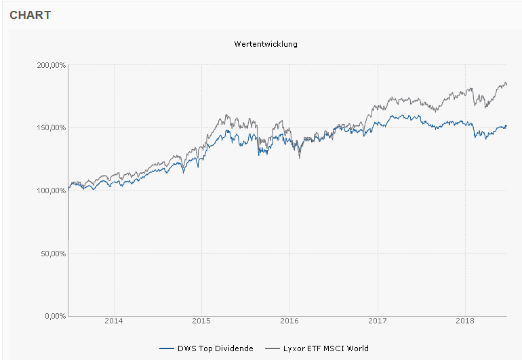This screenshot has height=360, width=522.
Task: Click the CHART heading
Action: coord(30,15)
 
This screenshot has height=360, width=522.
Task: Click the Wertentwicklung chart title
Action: coord(266,44)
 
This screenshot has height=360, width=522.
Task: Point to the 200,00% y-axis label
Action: coord(52,65)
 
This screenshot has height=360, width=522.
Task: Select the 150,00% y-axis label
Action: coord(52,127)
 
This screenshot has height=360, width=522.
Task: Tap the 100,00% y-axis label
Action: coord(52,191)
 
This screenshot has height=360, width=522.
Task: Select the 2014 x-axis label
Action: coord(114,321)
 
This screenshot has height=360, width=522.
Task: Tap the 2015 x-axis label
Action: coord(201,321)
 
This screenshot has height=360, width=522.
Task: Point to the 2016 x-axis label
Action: coord(289,321)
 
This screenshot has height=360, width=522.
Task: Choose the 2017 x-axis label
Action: coord(378,321)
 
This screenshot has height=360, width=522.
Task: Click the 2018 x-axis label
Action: coord(465,321)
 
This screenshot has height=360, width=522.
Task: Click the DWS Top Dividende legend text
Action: coord(216,348)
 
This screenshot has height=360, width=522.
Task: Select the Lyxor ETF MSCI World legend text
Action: coord(326,348)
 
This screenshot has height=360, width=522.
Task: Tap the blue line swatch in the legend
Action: coord(167,348)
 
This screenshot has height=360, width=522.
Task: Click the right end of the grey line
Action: coord(506,84)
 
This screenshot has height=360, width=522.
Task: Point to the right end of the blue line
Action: coord(506,126)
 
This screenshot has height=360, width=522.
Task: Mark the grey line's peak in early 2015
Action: coord(226,115)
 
